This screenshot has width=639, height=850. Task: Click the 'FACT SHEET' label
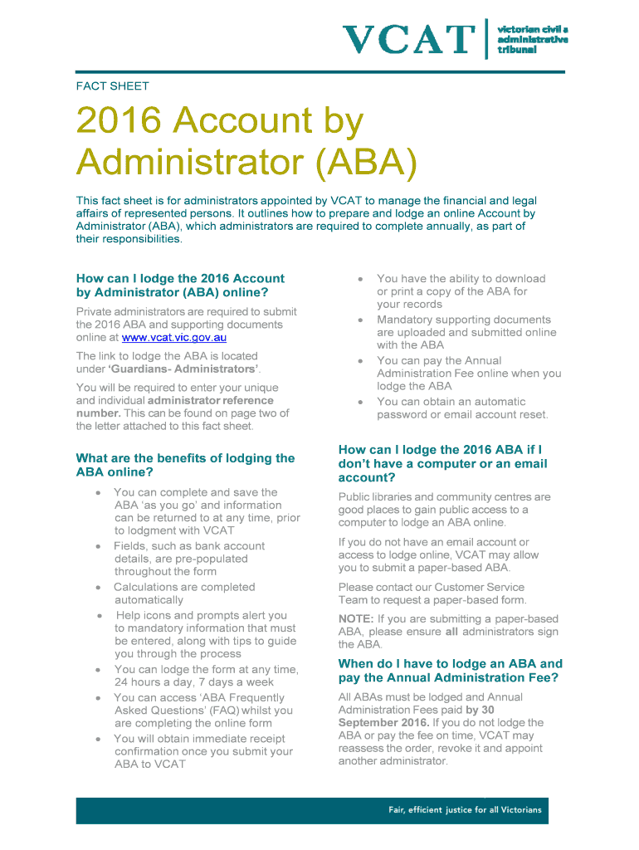(x=112, y=85)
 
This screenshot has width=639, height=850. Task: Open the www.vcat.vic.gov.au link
(x=174, y=337)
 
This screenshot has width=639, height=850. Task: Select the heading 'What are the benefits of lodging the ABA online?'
(x=185, y=465)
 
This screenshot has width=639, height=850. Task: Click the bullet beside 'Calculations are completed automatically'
(x=98, y=588)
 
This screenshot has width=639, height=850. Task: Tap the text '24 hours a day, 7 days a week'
(x=193, y=682)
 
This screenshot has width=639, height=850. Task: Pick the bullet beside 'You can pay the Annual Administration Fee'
(x=361, y=361)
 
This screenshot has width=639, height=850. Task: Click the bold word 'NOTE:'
(x=356, y=619)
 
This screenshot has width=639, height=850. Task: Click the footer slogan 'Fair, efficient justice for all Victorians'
(x=465, y=810)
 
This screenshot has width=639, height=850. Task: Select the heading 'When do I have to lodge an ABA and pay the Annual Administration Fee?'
(x=450, y=671)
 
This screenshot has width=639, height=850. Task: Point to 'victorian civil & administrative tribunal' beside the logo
(x=532, y=39)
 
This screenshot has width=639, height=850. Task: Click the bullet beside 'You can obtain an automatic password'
(x=361, y=402)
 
